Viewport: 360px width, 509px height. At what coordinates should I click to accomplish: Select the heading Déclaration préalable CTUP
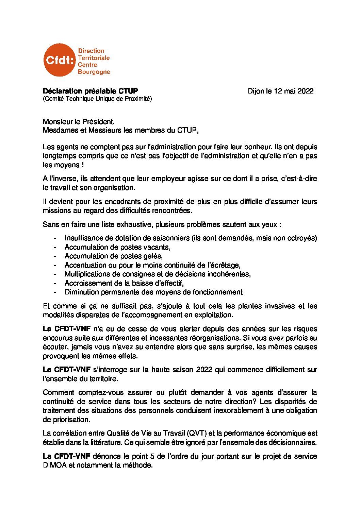[90, 91]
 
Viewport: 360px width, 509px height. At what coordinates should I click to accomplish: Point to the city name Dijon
[256, 91]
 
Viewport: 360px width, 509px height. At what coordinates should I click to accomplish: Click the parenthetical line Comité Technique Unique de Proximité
[97, 99]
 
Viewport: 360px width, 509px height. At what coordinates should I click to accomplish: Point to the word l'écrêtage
[224, 265]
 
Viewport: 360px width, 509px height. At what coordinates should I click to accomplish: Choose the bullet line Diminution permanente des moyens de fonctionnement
[153, 292]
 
